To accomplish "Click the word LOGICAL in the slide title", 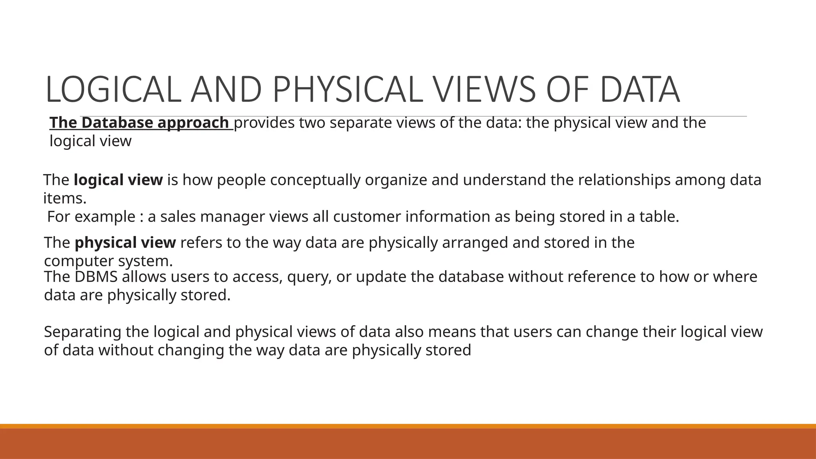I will [111, 90].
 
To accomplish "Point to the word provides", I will [264, 123].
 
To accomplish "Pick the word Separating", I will [82, 332].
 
